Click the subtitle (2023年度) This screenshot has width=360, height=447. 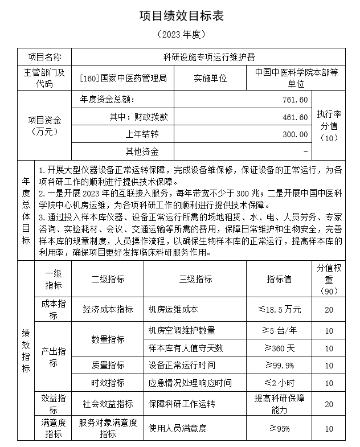pyautogui.click(x=181, y=35)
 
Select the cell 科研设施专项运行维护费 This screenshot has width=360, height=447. pyautogui.click(x=207, y=57)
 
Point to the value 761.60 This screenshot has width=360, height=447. pyautogui.click(x=296, y=100)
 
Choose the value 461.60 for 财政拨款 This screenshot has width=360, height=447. pyautogui.click(x=296, y=117)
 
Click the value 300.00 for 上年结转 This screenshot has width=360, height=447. pyautogui.click(x=296, y=134)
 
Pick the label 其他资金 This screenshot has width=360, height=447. pyautogui.click(x=142, y=151)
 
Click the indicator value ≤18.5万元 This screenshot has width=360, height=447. pyautogui.click(x=279, y=309)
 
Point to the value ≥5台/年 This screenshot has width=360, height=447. pyautogui.click(x=279, y=330)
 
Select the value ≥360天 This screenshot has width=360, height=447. pyautogui.click(x=279, y=348)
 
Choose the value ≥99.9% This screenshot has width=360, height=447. pyautogui.click(x=279, y=365)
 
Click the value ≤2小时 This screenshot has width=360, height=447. pyautogui.click(x=279, y=383)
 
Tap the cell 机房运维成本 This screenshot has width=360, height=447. pyautogui.click(x=173, y=309)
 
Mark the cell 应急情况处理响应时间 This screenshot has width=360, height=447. pyautogui.click(x=190, y=383)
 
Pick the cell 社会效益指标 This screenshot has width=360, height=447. pyautogui.click(x=108, y=404)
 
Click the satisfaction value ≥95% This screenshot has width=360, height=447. pyautogui.click(x=279, y=428)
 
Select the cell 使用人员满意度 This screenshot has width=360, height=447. pyautogui.click(x=177, y=428)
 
